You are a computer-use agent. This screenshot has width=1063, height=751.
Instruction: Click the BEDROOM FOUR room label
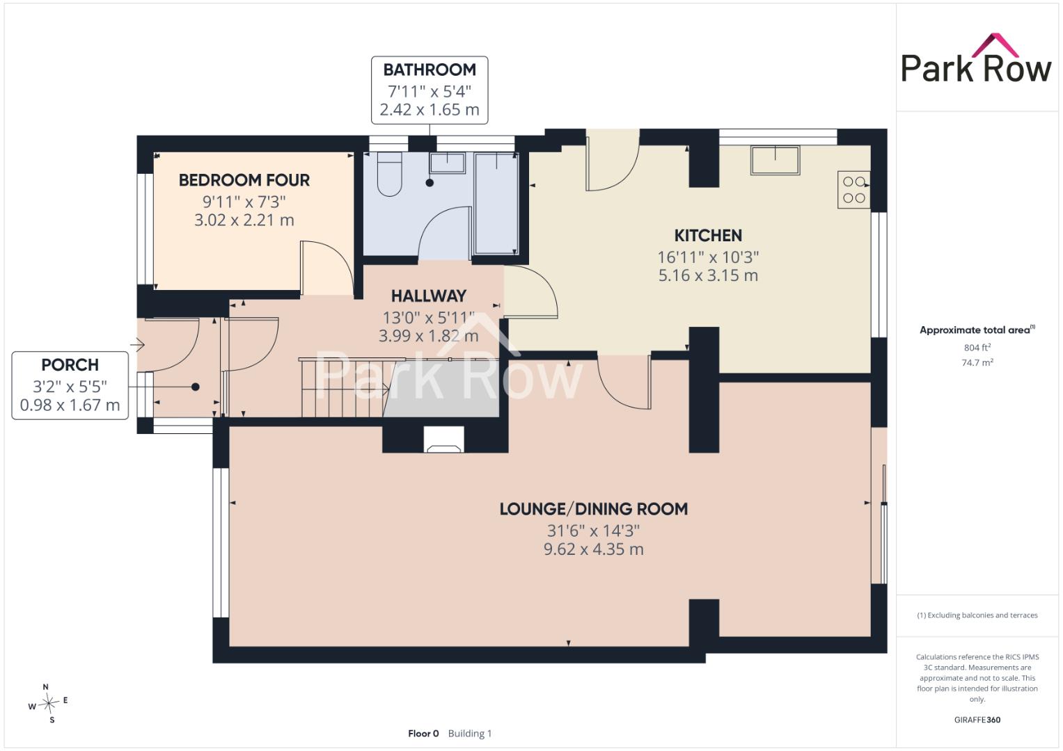244,180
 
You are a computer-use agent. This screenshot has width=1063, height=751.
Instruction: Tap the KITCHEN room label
708,236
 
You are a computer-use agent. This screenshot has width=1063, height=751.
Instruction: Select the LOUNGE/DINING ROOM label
594,509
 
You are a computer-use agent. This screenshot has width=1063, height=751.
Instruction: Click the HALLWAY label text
429,296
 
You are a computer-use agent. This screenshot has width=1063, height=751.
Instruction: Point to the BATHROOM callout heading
430,70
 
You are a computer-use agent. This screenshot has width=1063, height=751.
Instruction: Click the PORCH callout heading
70,364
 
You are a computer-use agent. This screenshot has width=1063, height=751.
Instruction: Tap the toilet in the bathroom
390,174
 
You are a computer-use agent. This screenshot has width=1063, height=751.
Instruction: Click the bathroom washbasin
447,163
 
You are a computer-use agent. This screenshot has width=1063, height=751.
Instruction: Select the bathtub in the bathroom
496,203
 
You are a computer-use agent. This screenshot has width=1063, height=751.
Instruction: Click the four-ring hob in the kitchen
853,190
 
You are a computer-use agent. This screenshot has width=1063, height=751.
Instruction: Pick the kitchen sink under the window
775,160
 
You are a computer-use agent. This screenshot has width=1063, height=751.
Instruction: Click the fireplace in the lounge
443,439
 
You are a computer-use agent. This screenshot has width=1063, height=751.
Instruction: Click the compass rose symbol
49,703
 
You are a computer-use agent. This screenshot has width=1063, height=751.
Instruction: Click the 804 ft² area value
977,348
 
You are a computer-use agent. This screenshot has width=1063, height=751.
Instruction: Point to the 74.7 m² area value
977,363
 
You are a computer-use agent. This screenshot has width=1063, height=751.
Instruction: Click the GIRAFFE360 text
977,720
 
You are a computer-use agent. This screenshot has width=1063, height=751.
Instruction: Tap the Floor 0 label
423,734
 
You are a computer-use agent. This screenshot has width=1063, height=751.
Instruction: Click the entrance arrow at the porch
138,344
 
